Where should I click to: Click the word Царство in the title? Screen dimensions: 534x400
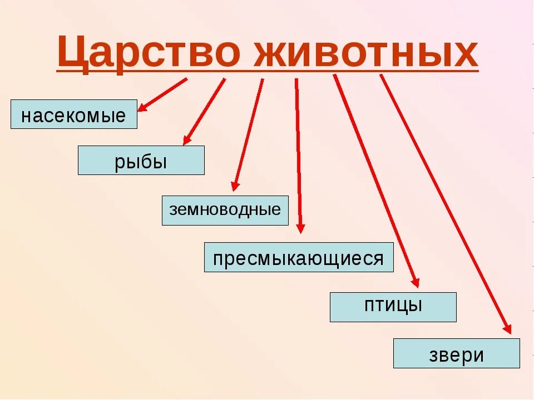click(150, 53)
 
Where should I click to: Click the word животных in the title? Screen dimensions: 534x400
click(367, 53)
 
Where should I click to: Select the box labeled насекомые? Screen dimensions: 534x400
click(73, 114)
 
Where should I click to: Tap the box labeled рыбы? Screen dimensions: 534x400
click(141, 161)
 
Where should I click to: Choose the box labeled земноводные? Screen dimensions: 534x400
click(225, 211)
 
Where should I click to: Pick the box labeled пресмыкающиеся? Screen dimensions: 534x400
click(299, 257)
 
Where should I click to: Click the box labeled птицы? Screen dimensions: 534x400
click(393, 307)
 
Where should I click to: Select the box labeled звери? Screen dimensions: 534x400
click(456, 353)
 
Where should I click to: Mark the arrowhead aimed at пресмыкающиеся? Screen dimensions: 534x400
click(300, 227)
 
